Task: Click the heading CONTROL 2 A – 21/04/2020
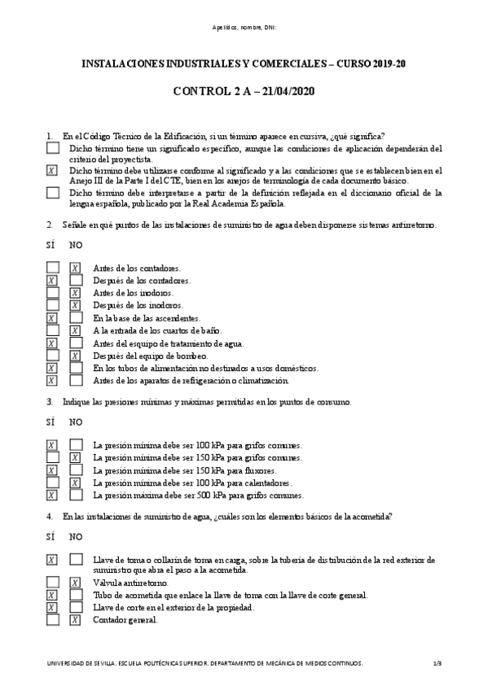(244, 91)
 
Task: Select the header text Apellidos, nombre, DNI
(244, 28)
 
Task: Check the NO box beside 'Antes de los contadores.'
(75, 268)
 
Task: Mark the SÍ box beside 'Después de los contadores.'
(52, 281)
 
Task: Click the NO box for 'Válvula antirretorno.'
(75, 583)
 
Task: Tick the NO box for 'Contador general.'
(75, 620)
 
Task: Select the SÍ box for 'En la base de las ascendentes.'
(52, 318)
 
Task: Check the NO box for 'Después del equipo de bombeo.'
(75, 356)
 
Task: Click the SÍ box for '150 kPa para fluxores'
(52, 470)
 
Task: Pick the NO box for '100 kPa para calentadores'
(75, 483)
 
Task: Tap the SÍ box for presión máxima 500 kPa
(52, 495)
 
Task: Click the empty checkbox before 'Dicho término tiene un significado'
(53, 149)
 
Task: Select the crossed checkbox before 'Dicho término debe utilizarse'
(53, 171)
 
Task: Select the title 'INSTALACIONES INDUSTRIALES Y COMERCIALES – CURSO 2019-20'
(244, 63)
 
